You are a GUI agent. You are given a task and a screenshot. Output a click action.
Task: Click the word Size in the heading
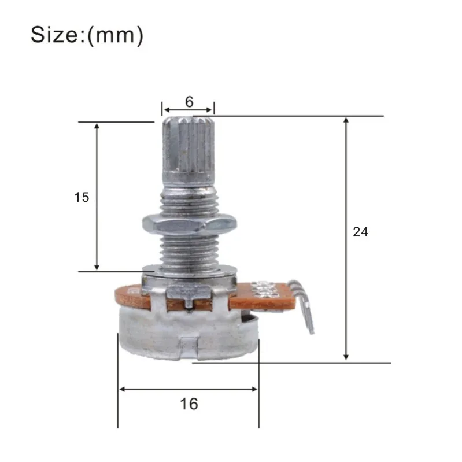(x=57, y=35)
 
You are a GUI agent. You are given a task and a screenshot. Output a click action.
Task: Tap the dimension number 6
(x=189, y=101)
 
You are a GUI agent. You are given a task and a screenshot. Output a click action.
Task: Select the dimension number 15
(x=82, y=197)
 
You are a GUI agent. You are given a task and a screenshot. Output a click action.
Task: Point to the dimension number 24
(x=360, y=232)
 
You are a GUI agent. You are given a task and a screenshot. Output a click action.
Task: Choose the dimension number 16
(x=189, y=404)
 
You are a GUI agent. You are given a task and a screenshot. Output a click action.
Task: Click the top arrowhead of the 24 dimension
(x=346, y=121)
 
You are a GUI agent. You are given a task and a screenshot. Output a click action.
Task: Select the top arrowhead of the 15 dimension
(x=97, y=127)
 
